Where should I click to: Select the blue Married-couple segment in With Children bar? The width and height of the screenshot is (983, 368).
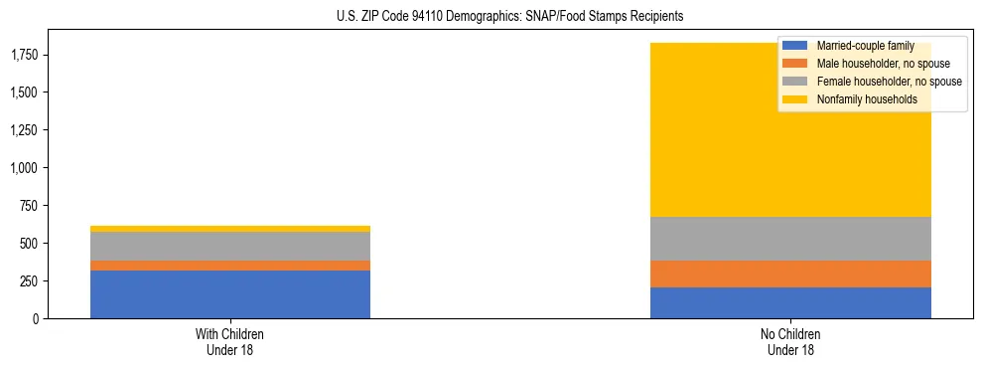(230, 294)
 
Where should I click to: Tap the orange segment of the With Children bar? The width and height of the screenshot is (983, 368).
(230, 266)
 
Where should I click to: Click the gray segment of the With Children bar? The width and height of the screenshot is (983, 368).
(230, 246)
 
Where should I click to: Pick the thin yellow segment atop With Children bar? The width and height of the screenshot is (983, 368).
(230, 229)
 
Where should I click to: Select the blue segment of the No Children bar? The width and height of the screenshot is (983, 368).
(790, 302)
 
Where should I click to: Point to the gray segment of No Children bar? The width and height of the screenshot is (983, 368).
(790, 239)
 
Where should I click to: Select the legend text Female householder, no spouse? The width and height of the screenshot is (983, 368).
(888, 82)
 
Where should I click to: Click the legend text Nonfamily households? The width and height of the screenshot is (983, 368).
(860, 99)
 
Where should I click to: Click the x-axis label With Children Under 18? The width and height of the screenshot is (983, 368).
(230, 341)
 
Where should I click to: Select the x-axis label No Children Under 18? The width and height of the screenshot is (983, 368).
(790, 341)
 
